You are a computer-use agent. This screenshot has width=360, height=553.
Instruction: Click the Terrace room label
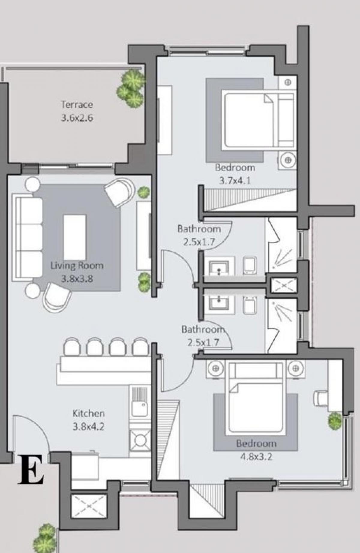click(x=77, y=104)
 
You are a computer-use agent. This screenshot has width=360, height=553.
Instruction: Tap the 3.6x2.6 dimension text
click(x=77, y=118)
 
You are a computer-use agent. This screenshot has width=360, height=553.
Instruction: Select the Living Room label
click(x=77, y=266)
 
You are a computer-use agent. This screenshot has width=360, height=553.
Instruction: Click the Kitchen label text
click(x=88, y=413)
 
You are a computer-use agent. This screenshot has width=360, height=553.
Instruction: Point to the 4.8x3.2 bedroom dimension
click(x=256, y=457)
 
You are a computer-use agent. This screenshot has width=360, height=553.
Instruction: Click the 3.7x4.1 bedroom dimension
click(x=235, y=181)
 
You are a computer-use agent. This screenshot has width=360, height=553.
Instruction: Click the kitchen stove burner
click(x=140, y=440)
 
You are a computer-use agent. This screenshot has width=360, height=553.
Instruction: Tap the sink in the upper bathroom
click(x=219, y=267)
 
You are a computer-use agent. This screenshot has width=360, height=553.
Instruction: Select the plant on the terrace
click(x=131, y=88)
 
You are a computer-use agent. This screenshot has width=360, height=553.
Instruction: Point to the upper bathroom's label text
click(x=199, y=229)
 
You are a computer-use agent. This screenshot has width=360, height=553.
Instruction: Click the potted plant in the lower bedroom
click(x=335, y=420)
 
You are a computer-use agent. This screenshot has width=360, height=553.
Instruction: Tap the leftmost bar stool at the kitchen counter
click(x=72, y=347)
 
